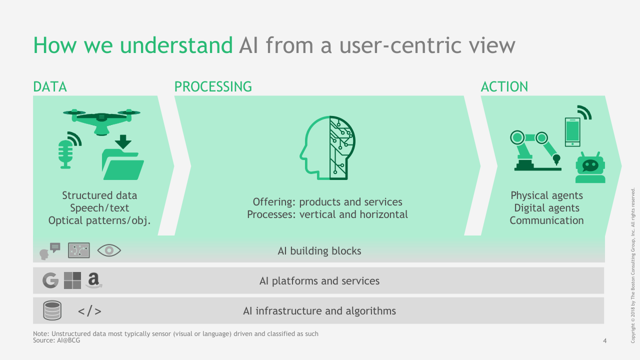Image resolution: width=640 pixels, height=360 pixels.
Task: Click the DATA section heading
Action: (x=50, y=87)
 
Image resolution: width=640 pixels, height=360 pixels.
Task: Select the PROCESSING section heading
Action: (x=213, y=87)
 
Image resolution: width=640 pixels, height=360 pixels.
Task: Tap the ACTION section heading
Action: (x=504, y=87)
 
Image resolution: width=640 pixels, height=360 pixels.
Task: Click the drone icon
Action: (x=101, y=122)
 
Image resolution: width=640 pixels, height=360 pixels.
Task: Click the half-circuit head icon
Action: (x=327, y=147)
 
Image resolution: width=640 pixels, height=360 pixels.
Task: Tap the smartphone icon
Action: (x=572, y=132)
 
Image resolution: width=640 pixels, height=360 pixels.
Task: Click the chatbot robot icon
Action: (x=590, y=167)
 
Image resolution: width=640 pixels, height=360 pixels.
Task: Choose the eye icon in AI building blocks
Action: (x=109, y=250)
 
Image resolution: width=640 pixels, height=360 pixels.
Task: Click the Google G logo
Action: (x=50, y=280)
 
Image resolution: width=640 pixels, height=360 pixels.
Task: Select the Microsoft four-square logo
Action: (x=72, y=280)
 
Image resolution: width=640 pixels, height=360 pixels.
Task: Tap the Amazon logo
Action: (x=93, y=280)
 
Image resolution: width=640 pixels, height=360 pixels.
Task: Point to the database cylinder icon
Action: (x=52, y=310)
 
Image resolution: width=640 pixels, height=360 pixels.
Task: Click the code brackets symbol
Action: (x=89, y=311)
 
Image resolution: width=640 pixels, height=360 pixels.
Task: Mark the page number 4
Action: (x=605, y=340)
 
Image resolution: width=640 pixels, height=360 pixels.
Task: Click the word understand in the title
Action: (x=176, y=45)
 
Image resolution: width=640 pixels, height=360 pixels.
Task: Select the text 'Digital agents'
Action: (x=547, y=208)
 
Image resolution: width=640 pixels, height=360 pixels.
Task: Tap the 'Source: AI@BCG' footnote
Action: (x=56, y=340)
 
